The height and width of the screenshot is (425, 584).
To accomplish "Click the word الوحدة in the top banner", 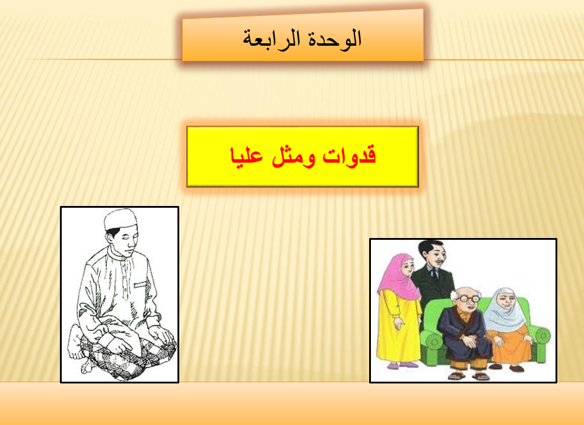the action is coord(335,39).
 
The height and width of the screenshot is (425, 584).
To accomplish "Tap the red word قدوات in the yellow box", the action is coord(349,156).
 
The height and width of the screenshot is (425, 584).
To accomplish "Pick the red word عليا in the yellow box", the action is coord(246,156).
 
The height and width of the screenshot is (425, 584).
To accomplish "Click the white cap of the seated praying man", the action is coord(120,218).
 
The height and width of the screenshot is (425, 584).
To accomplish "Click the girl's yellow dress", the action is coord(398,328).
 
